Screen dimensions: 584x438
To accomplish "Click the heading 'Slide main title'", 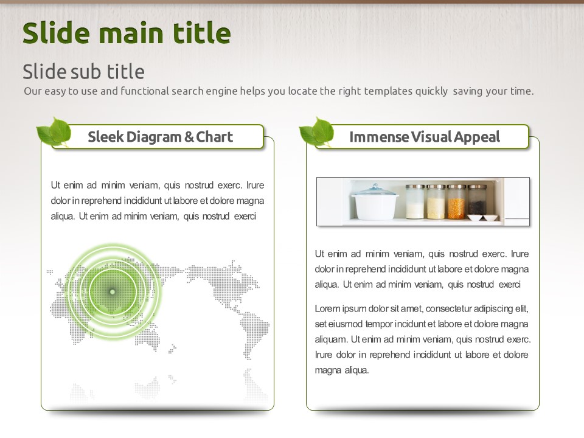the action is coord(127,33).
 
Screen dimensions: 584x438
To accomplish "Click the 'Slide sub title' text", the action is coord(83,71).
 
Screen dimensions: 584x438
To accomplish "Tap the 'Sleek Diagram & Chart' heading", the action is coord(160,137).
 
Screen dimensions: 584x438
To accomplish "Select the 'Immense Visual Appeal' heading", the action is coord(425,137).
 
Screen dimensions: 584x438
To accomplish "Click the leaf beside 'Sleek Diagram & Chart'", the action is coord(54,132).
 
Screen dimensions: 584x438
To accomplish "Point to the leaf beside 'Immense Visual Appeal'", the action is coord(317,132).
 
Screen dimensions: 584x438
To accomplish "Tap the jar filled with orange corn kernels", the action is coord(457,201).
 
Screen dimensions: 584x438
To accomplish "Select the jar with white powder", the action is coord(415,201).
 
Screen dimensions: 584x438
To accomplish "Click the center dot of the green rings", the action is coord(112,291).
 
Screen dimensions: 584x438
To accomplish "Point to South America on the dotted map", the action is coord(255,335).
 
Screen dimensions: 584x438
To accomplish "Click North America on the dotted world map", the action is coord(221,283).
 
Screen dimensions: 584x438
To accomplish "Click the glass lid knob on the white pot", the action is coord(375,186).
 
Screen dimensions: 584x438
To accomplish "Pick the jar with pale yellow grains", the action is coord(436,201).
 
